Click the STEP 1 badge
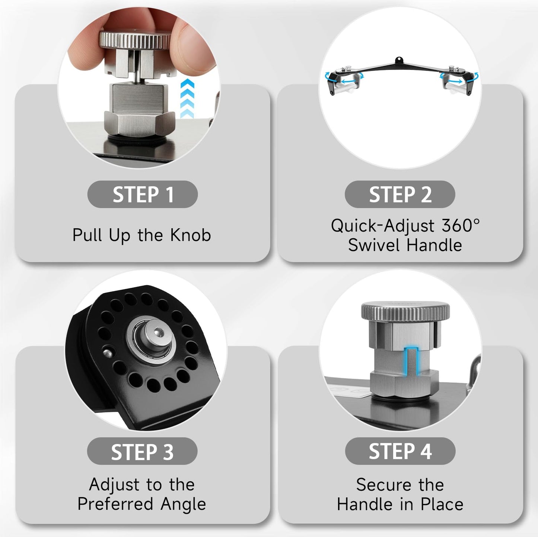142,194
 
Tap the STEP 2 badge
400,194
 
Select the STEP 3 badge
142,451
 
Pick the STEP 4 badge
400,451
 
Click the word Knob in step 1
190,235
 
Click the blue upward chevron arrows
187,98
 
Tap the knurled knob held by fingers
136,40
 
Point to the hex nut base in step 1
139,123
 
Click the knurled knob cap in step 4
405,311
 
